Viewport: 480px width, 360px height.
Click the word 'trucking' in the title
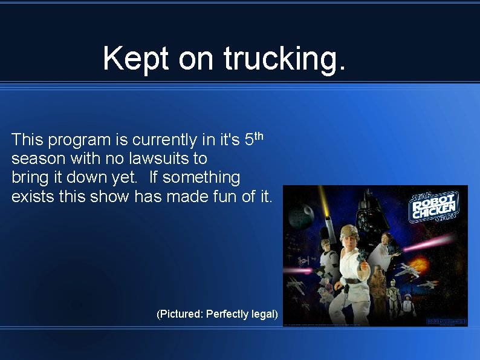pyautogui.click(x=285, y=59)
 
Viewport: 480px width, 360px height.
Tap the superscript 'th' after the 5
pyautogui.click(x=258, y=136)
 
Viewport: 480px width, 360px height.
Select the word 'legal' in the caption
pyautogui.click(x=264, y=314)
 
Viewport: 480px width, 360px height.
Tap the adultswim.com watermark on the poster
pyautogui.click(x=446, y=321)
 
